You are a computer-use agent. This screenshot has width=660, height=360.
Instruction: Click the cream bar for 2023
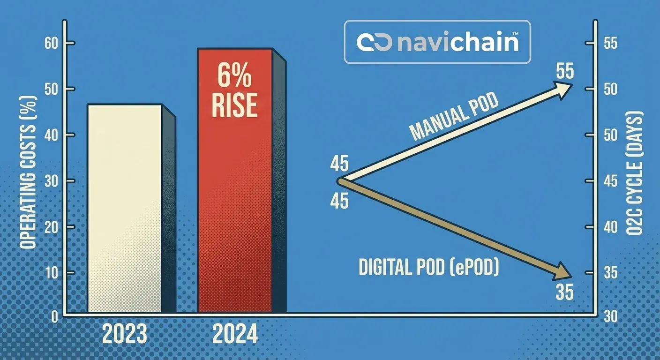[x=125, y=208]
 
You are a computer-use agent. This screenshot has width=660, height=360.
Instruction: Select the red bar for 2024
[x=234, y=180]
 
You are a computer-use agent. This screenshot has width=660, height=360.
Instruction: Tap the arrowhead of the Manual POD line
[x=565, y=87]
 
